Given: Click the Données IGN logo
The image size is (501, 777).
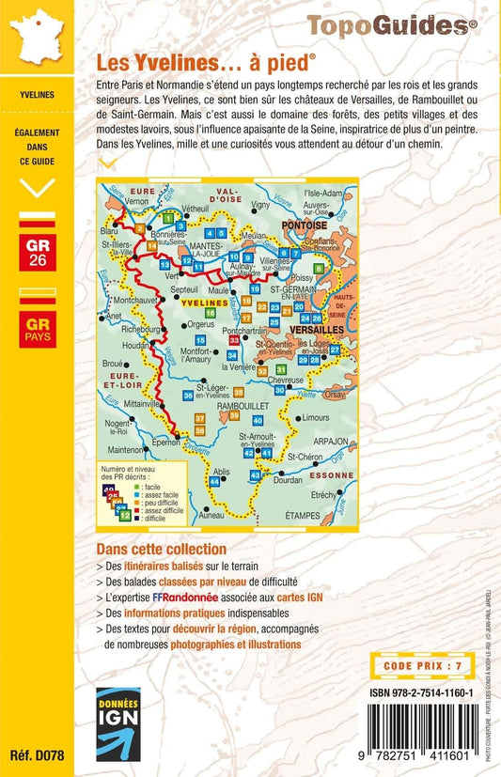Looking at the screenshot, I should [118, 723].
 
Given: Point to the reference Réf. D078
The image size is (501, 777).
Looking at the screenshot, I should [36, 757].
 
